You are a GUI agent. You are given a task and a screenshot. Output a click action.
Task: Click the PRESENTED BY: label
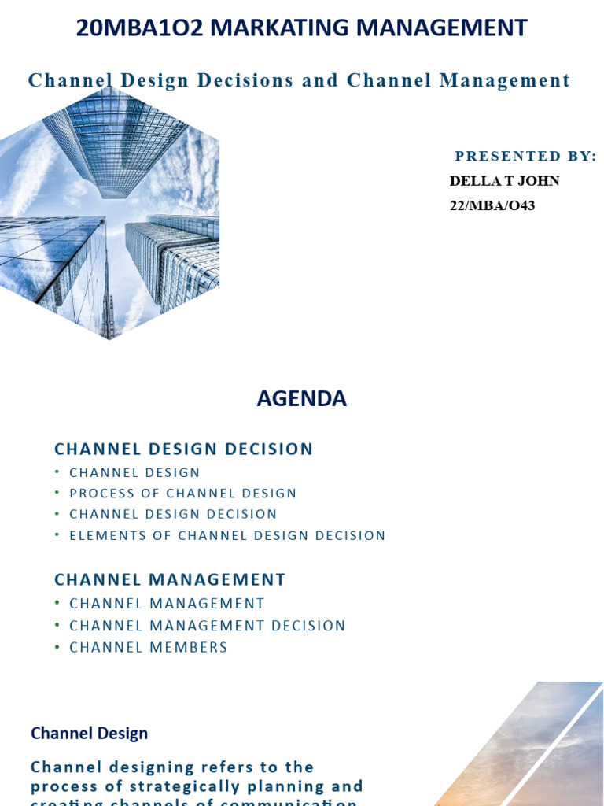click(525, 157)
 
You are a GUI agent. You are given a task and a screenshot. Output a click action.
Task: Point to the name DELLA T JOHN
click(504, 181)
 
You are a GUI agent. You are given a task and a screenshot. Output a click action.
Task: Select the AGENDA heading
click(301, 399)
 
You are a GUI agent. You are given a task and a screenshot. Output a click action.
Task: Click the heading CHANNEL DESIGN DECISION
click(183, 449)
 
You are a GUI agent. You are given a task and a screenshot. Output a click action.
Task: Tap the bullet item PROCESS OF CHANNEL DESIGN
click(182, 494)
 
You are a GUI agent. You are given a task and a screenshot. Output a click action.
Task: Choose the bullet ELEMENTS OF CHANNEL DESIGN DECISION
click(227, 536)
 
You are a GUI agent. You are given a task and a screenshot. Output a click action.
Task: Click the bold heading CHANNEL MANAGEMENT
click(170, 580)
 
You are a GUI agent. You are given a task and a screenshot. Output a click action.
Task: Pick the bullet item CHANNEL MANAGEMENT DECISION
click(208, 626)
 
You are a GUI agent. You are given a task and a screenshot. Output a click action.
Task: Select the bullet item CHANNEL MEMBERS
click(148, 647)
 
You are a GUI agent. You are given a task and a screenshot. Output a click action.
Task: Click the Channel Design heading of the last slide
click(89, 734)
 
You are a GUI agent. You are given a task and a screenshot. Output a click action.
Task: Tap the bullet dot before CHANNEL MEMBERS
click(57, 647)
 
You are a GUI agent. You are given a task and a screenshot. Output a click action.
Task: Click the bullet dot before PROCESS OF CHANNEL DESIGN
click(57, 494)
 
